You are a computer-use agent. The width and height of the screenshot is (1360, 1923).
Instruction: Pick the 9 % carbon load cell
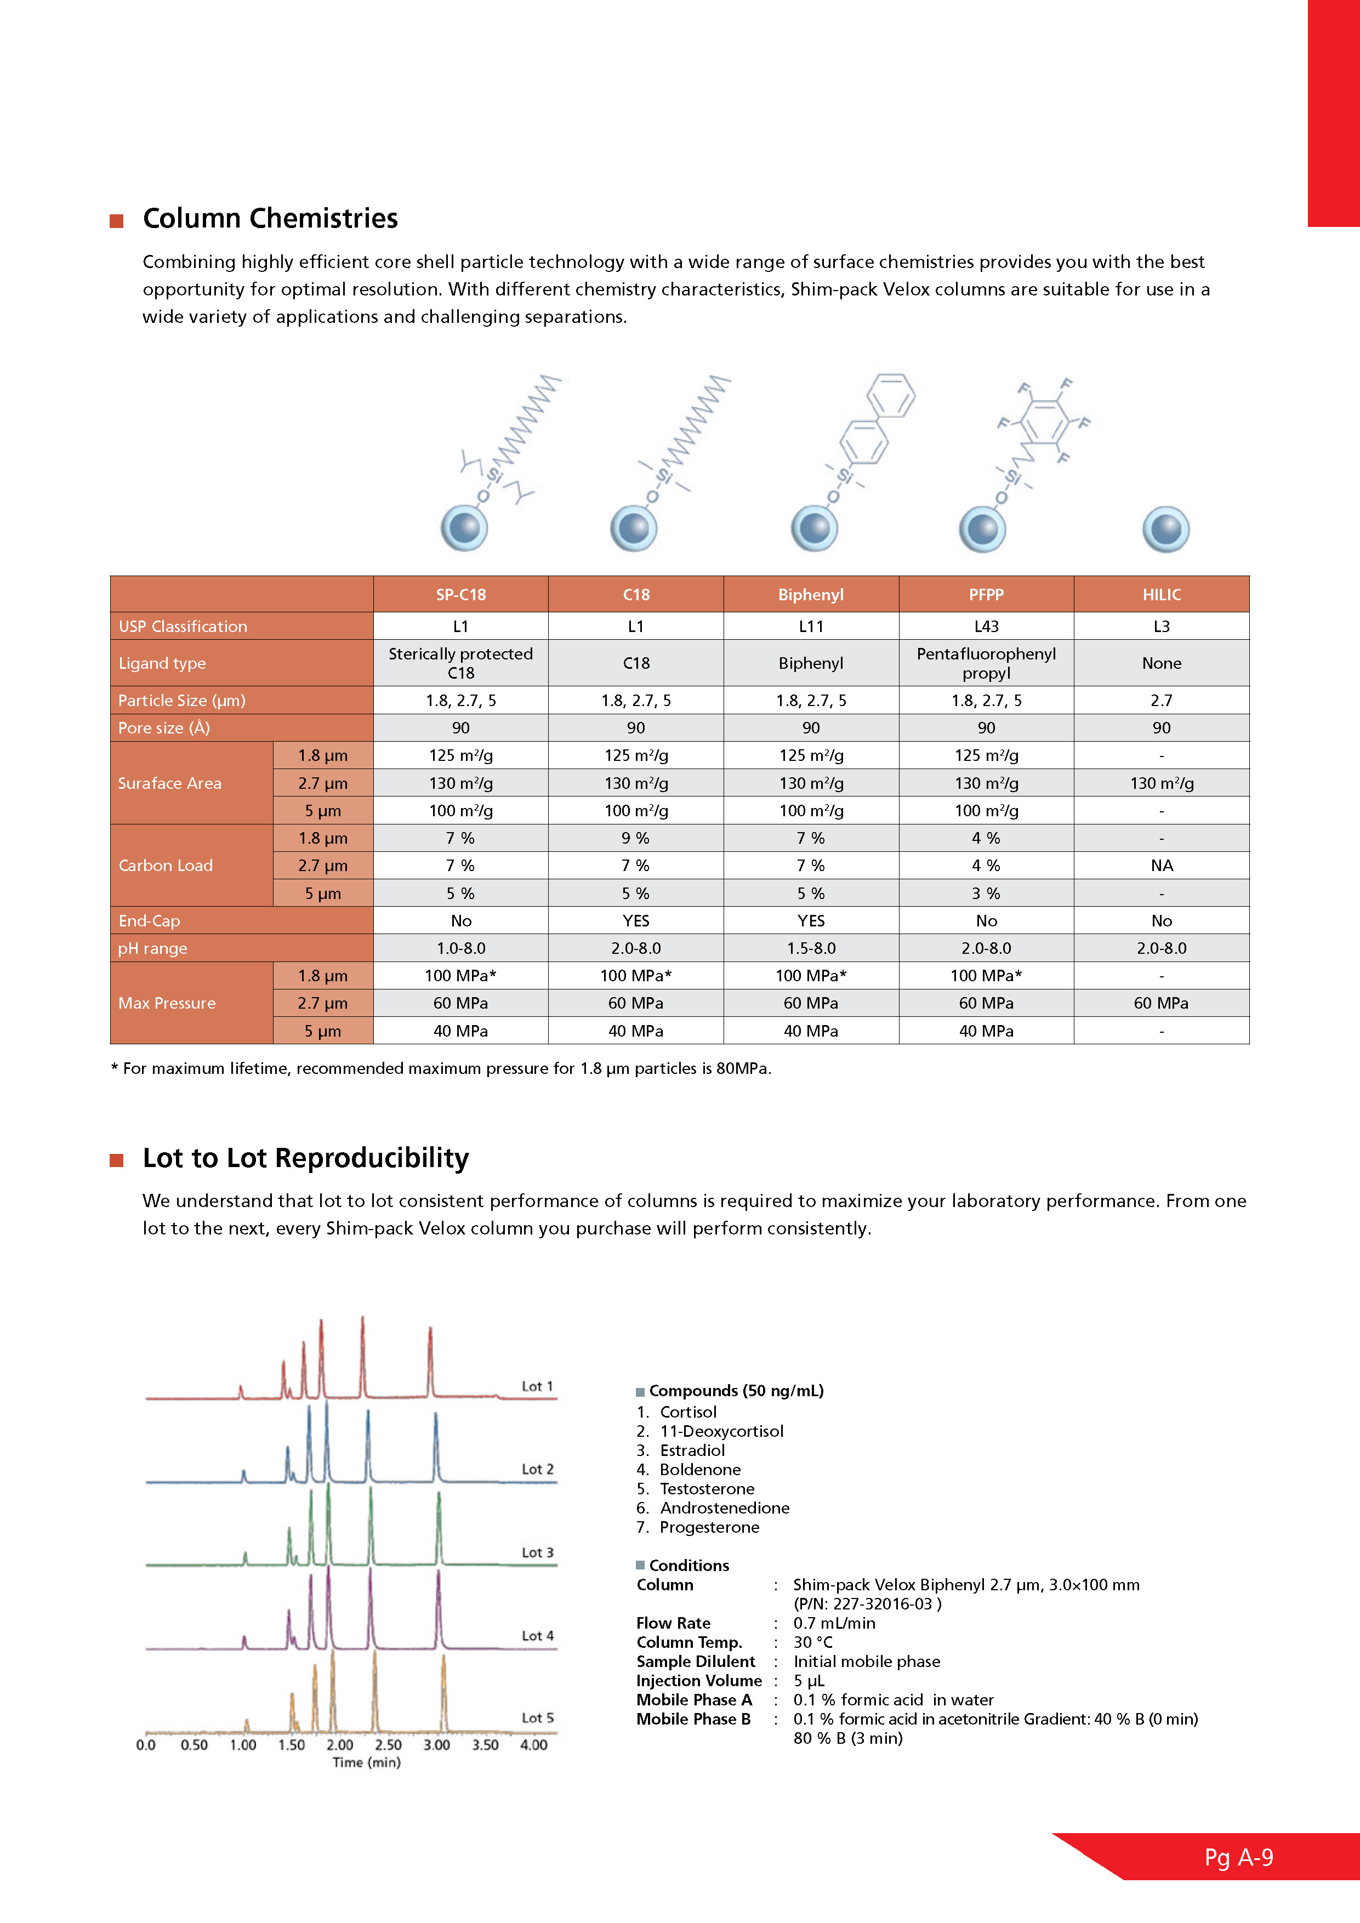coord(636,838)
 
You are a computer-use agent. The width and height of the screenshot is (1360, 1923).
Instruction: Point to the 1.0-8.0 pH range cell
coord(460,949)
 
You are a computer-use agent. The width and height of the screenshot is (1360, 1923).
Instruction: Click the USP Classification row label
coord(183,627)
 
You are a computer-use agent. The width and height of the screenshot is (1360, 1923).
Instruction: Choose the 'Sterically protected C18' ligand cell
coord(460,663)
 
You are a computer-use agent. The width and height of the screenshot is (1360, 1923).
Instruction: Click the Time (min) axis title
coord(366,1762)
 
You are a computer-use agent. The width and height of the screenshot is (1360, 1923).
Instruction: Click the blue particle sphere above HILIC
coord(1165,530)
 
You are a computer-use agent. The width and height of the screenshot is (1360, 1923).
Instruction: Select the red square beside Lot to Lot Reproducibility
coord(116,1160)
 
